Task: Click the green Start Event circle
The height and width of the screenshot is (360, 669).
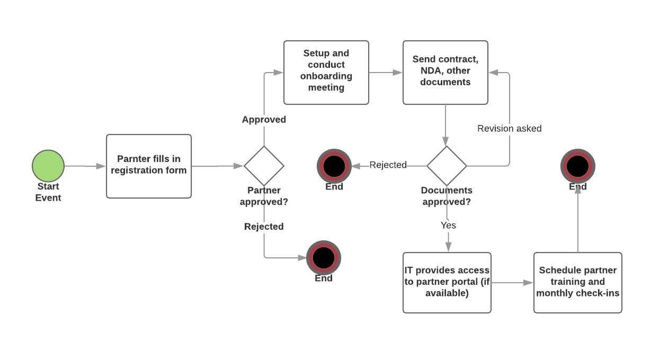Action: [48, 166]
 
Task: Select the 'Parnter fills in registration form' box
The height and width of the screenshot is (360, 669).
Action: [148, 166]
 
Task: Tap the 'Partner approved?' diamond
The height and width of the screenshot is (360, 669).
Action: [264, 166]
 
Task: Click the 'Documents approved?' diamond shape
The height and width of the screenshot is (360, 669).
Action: [447, 166]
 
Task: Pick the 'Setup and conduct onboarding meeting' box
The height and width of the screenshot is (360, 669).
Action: [326, 72]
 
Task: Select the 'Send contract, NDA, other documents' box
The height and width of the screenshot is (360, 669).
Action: [445, 72]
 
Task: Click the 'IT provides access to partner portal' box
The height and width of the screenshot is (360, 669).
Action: [447, 282]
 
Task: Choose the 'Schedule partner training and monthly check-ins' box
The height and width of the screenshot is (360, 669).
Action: [577, 282]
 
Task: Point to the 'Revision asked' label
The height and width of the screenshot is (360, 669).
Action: [509, 129]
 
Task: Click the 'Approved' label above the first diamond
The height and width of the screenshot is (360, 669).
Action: [264, 120]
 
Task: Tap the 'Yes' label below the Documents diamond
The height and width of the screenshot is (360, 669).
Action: [448, 226]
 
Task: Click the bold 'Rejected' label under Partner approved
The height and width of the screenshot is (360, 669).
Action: [264, 227]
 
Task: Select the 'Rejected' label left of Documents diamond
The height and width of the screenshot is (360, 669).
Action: [388, 165]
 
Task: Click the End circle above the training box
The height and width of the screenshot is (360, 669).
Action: [577, 166]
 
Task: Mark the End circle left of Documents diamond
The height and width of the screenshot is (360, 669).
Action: [334, 166]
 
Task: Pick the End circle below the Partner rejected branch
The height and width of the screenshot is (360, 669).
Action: [324, 258]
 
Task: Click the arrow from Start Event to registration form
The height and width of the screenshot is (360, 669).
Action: [85, 166]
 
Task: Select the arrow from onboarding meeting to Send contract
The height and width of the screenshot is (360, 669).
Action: [385, 73]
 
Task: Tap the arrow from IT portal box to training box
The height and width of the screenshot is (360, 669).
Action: [512, 283]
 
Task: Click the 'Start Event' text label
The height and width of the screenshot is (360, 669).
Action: [48, 192]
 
